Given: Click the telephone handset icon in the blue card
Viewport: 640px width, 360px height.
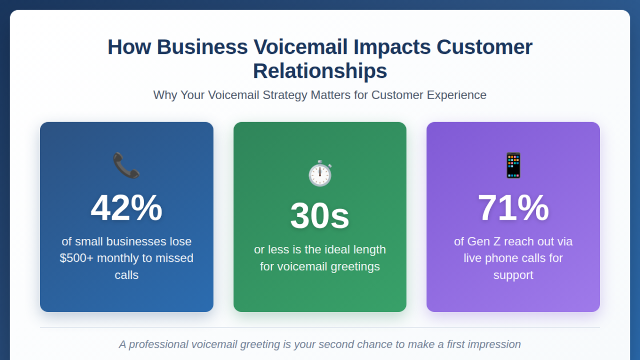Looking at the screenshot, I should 126,165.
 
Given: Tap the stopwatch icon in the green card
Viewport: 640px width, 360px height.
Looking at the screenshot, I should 320,173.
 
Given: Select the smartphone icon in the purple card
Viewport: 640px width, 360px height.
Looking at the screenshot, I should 513,165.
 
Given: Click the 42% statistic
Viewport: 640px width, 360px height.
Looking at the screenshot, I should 126,208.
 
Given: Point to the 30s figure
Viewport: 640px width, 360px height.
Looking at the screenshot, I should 320,216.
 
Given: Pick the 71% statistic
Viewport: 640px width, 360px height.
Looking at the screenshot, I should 513,208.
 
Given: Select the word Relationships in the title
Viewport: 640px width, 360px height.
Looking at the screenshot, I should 320,71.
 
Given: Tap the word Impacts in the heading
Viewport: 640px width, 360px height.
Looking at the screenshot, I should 391,47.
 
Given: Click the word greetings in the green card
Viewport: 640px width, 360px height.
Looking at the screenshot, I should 354,267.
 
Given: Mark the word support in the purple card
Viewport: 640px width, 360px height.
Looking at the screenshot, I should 513,275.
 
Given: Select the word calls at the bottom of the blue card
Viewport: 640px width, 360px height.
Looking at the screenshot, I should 126,275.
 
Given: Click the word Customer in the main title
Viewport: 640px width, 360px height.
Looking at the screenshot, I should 484,47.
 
